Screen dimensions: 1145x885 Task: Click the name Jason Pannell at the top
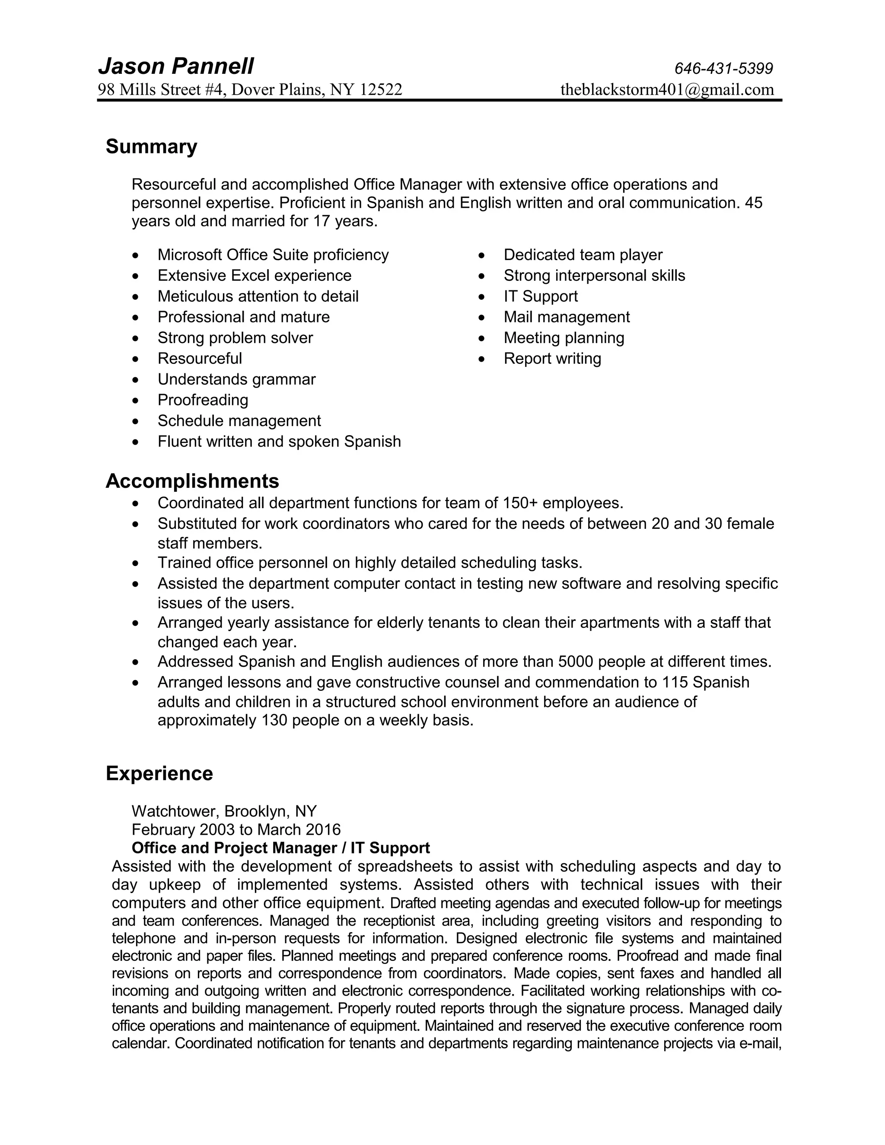pyautogui.click(x=175, y=67)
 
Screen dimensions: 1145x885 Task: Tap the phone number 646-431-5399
pyautogui.click(x=723, y=69)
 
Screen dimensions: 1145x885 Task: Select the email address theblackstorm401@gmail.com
pyautogui.click(x=667, y=89)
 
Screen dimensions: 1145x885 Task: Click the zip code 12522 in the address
pyautogui.click(x=381, y=89)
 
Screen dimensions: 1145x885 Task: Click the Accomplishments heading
pyautogui.click(x=192, y=481)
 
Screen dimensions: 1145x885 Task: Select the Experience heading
pyautogui.click(x=159, y=773)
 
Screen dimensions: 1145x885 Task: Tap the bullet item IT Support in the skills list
pyautogui.click(x=541, y=296)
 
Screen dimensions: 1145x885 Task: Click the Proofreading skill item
pyautogui.click(x=203, y=400)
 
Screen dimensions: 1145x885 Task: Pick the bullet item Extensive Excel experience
pyautogui.click(x=254, y=276)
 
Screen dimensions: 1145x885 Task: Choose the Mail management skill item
pyautogui.click(x=566, y=317)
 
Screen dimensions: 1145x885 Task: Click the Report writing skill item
pyautogui.click(x=552, y=359)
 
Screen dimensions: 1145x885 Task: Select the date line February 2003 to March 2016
pyautogui.click(x=236, y=830)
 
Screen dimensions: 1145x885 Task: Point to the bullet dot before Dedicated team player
pyautogui.click(x=482, y=256)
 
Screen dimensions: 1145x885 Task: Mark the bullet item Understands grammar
pyautogui.click(x=236, y=379)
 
